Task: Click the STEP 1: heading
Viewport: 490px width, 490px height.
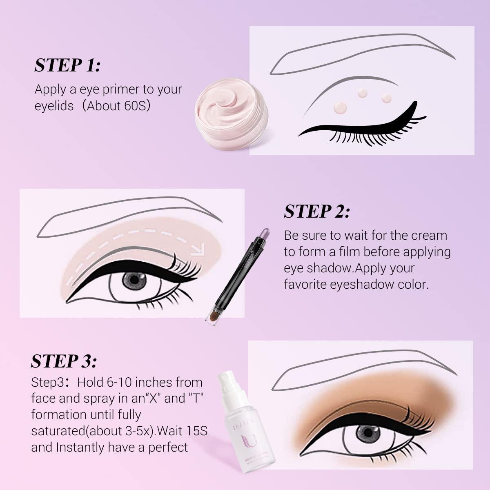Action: (67, 65)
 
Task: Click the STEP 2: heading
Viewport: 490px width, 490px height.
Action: (317, 212)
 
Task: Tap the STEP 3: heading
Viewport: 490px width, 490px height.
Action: (64, 361)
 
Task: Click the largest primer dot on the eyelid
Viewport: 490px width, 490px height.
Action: (340, 107)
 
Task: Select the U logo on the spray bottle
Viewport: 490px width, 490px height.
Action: (248, 443)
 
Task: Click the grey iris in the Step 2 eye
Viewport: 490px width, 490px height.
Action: (132, 280)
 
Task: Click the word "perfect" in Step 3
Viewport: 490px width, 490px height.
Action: (167, 447)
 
